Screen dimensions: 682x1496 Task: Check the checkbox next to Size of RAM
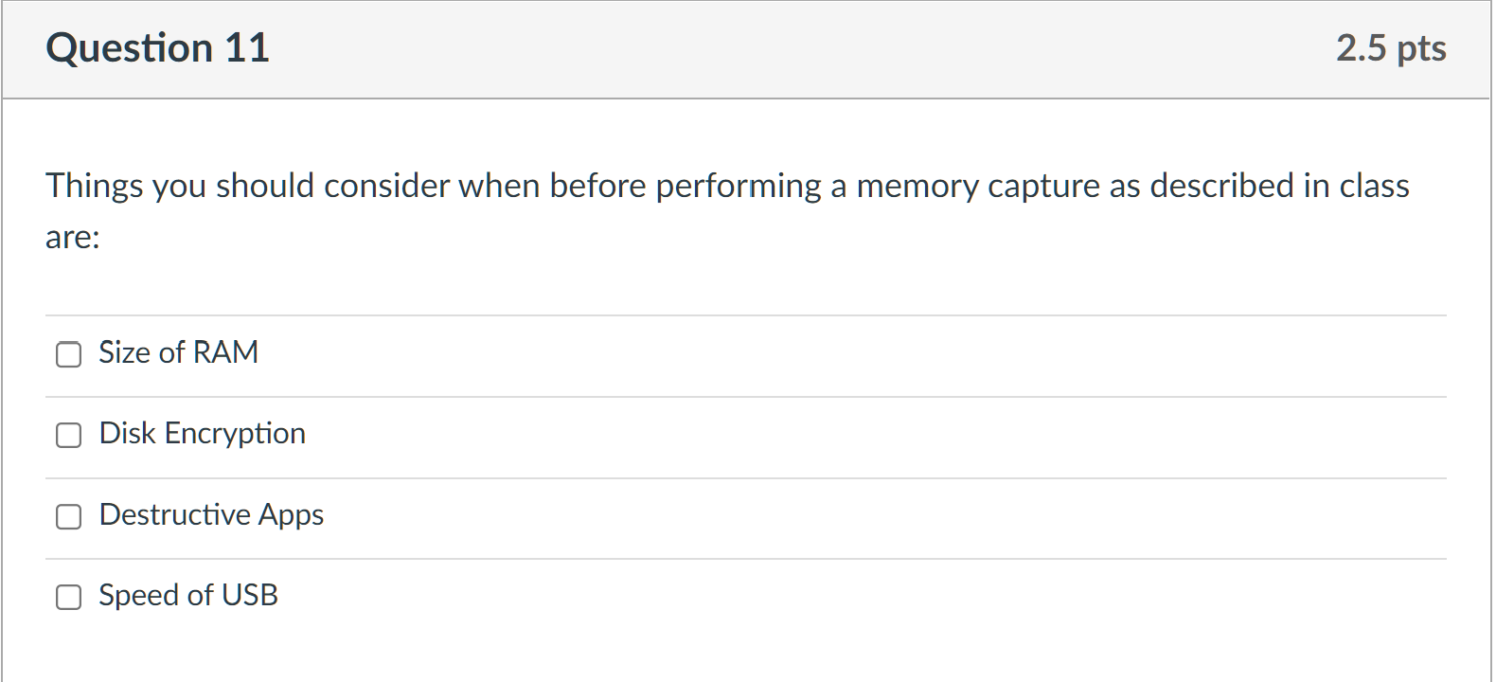(68, 354)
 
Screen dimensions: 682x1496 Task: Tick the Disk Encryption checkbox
(68, 435)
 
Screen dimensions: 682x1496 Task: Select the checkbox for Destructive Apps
(68, 516)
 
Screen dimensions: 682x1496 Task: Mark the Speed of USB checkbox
(68, 597)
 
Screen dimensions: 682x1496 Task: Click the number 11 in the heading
(246, 48)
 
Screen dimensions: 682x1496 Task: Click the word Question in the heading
(130, 48)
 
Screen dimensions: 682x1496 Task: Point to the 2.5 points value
(1362, 48)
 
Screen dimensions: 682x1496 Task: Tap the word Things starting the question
(94, 187)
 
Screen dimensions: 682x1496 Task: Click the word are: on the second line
(72, 238)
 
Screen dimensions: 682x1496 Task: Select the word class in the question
(1374, 186)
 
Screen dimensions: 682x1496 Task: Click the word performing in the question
(739, 187)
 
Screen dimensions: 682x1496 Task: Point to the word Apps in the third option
(291, 515)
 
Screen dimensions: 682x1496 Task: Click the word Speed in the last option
(139, 596)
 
